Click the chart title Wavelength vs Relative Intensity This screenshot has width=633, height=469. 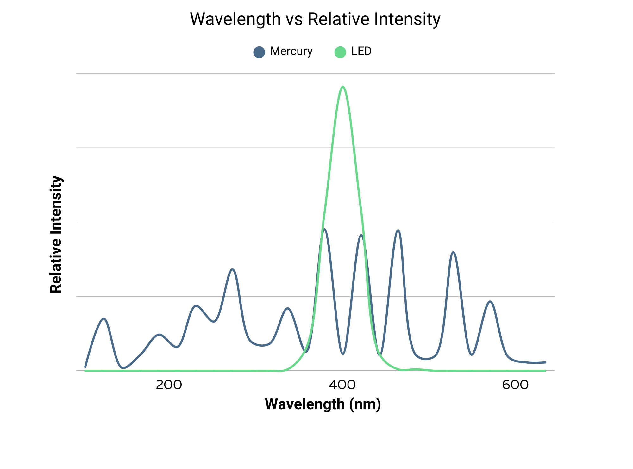click(315, 19)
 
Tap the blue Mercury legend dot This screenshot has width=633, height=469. click(259, 52)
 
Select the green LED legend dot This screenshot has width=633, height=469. click(340, 52)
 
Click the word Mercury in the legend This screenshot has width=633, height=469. click(291, 51)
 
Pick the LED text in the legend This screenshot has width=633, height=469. click(361, 51)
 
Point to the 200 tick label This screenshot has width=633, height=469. click(169, 385)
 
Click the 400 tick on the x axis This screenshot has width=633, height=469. click(342, 385)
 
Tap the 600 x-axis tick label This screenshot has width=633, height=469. click(515, 385)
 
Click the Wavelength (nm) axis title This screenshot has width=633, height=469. click(323, 404)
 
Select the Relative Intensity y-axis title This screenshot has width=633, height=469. click(56, 234)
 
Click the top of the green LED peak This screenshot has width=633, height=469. click(343, 87)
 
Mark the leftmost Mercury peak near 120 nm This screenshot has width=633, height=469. click(104, 318)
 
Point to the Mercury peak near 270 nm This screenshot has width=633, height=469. click(233, 269)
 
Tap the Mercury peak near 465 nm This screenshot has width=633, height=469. click(398, 230)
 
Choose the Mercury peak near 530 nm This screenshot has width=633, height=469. click(454, 252)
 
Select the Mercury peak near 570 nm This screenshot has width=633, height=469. click(490, 301)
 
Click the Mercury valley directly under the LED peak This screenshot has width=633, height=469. click(343, 354)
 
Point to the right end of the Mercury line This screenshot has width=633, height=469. click(545, 362)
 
